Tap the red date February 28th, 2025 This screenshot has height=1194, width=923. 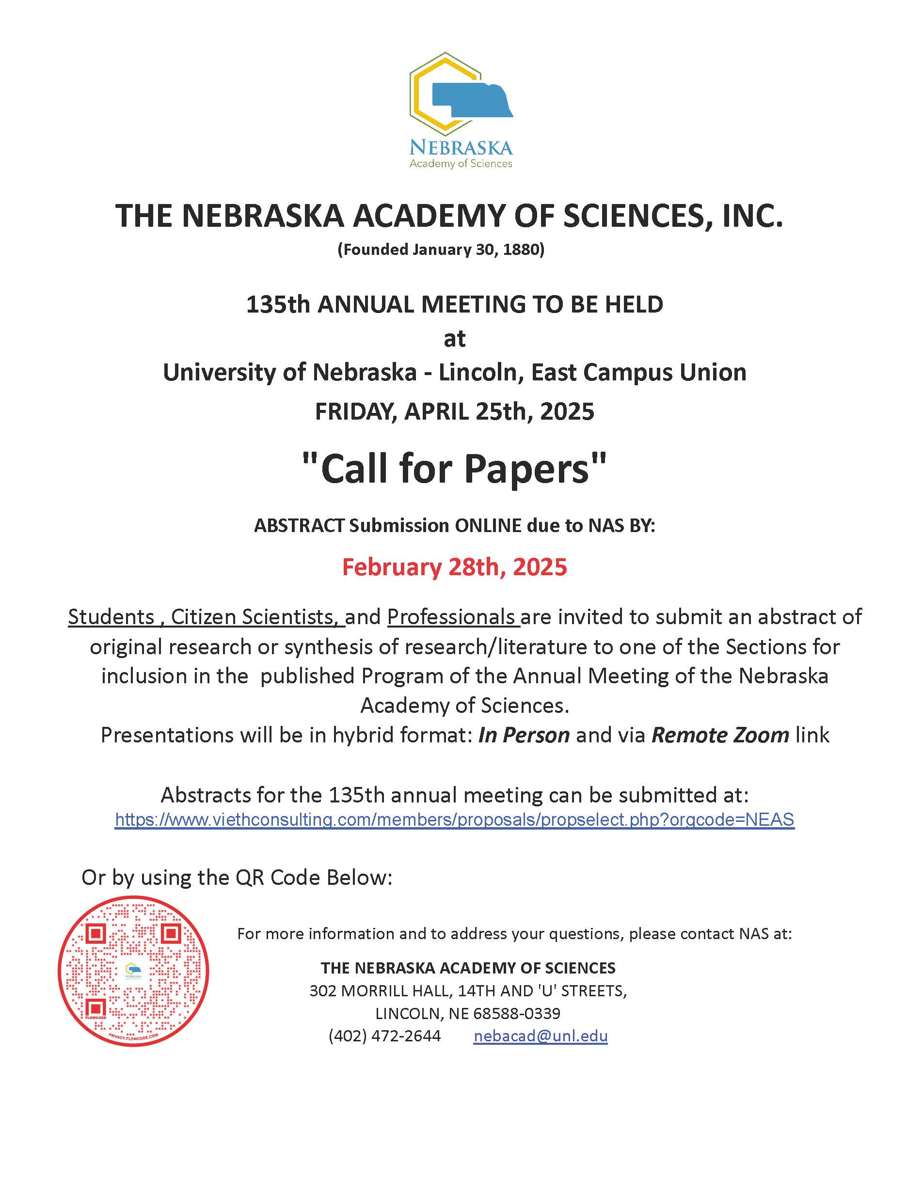[454, 567]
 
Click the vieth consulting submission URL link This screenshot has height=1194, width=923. [454, 819]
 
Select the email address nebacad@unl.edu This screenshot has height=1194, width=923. [540, 1036]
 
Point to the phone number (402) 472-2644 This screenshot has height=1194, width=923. [384, 1036]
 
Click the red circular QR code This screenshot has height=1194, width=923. [133, 972]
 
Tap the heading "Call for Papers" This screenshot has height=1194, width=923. [454, 469]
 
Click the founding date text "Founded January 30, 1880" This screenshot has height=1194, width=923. [441, 250]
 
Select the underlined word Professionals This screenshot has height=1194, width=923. [452, 617]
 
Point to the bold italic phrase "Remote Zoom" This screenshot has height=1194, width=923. [720, 735]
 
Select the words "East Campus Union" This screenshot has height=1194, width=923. [638, 373]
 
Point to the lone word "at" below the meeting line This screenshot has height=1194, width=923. [454, 339]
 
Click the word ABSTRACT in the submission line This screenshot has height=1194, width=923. [299, 525]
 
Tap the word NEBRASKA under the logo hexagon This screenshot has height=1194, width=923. [461, 148]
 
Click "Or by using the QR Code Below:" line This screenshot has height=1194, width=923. [237, 878]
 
